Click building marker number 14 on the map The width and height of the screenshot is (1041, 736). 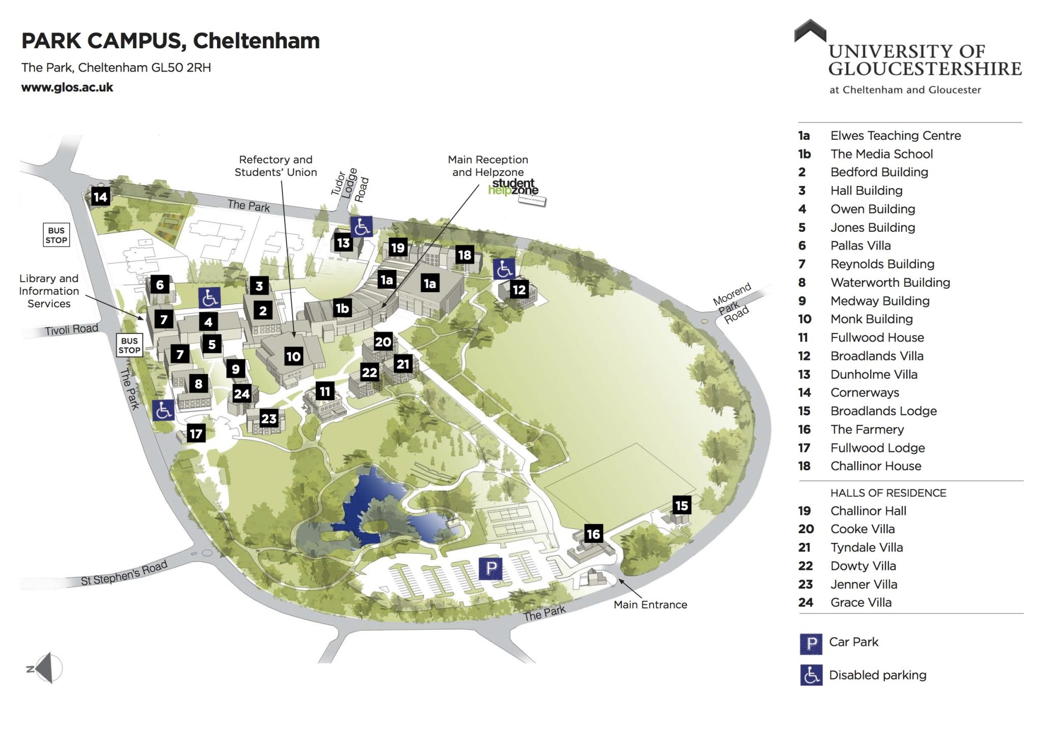(100, 197)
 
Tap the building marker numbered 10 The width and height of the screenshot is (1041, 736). (293, 356)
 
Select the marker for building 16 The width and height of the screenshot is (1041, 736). (593, 534)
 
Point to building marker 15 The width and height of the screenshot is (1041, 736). (682, 505)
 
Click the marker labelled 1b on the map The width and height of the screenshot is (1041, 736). (342, 308)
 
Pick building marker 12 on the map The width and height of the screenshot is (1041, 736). (519, 290)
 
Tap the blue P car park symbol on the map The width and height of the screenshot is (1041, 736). (491, 568)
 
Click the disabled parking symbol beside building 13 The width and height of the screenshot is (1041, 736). (361, 227)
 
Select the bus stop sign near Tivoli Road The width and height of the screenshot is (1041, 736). (129, 346)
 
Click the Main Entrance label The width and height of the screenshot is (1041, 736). (650, 605)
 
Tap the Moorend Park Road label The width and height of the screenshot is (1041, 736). (732, 303)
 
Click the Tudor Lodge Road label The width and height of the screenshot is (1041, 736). (350, 185)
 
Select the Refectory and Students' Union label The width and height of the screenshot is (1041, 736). (275, 166)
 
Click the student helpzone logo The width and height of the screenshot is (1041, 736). (513, 187)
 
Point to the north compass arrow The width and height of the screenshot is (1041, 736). (45, 668)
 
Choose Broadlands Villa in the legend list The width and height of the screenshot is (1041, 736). (876, 356)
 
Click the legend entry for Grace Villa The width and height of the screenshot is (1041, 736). (861, 602)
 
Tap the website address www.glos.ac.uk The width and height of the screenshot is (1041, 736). (67, 87)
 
